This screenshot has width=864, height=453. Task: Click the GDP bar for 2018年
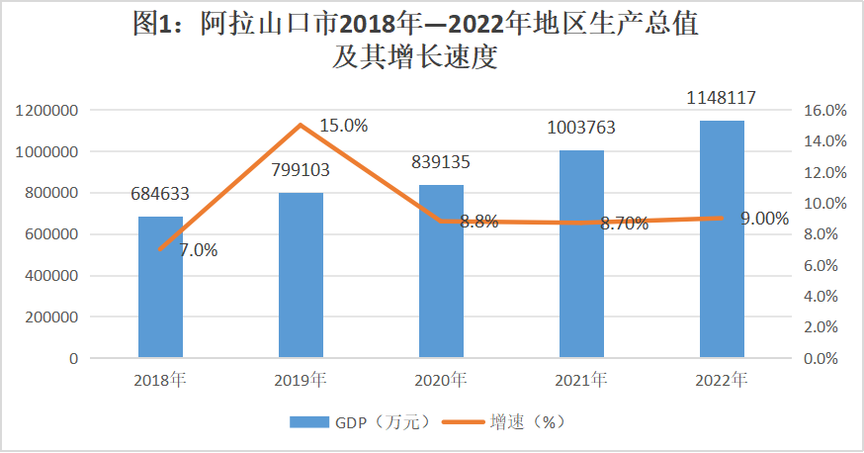(x=160, y=287)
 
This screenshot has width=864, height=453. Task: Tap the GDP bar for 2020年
(x=441, y=271)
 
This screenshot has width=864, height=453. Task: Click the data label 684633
(x=160, y=195)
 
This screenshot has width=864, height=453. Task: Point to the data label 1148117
(x=722, y=99)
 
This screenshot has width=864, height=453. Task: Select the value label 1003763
(x=581, y=128)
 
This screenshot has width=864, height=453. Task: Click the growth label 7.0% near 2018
(x=198, y=250)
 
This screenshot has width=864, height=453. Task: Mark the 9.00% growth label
(x=764, y=219)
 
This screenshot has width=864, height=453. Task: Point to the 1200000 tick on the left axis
(x=47, y=111)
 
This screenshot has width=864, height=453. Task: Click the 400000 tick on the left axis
(x=51, y=276)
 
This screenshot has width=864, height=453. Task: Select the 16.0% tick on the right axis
(x=822, y=111)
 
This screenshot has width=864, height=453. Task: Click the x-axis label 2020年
(x=441, y=380)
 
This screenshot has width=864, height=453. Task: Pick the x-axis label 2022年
(x=722, y=380)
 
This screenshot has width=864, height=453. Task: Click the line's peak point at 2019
(x=301, y=125)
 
